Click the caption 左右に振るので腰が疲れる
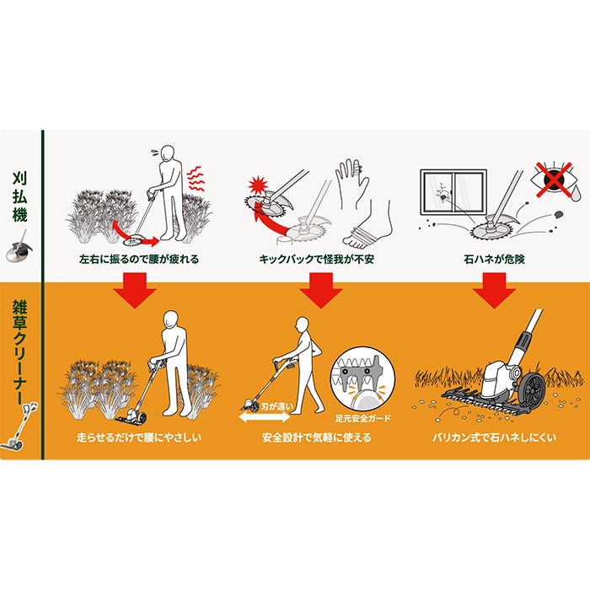point(139,260)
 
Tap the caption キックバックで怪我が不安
point(316,260)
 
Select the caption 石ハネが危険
point(494,260)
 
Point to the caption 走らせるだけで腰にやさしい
point(139,437)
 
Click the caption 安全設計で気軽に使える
point(316,437)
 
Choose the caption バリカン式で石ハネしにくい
point(494,437)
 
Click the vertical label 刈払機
point(19,196)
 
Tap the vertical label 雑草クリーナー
point(19,351)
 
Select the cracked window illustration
point(453,195)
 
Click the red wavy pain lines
point(196,180)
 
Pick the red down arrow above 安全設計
point(320,290)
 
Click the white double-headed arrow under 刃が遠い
point(265,417)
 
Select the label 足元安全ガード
point(362,418)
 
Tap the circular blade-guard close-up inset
point(362,379)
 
